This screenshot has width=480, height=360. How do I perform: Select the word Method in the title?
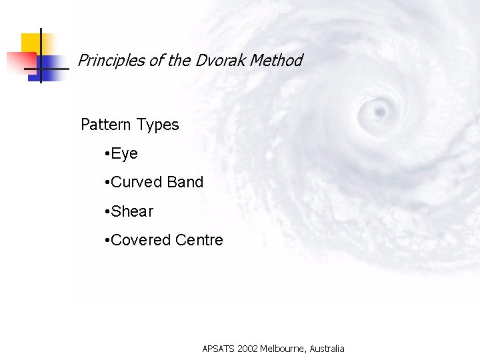coord(274,61)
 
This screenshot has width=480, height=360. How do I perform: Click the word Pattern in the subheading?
coord(106,125)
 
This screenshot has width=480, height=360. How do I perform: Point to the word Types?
coord(158,125)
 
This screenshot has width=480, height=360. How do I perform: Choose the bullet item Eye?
coord(124,154)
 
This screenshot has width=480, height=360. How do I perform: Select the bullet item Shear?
coord(132,211)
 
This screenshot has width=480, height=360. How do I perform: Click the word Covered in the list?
coord(140,240)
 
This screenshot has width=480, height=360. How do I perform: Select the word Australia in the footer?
coord(327,349)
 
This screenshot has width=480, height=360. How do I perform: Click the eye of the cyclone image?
coord(381,109)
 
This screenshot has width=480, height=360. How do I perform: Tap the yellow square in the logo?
coord(30,43)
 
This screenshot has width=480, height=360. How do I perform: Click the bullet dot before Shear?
coord(107,212)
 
